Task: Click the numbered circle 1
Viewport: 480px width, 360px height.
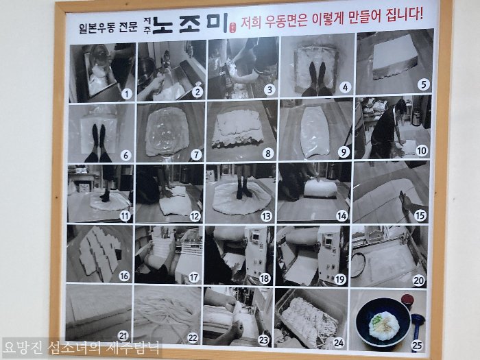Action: click(x=126, y=94)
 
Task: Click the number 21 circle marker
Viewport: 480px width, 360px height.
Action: click(x=123, y=335)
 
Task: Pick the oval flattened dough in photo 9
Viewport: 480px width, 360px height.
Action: click(x=315, y=132)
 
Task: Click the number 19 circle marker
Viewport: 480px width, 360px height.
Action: click(x=341, y=278)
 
